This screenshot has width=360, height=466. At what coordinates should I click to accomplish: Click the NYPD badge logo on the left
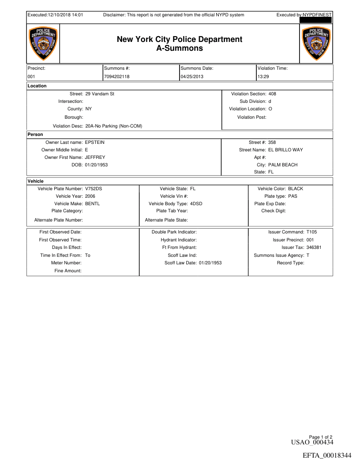point(42,44)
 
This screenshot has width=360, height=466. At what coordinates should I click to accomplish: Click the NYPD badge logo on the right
point(316,44)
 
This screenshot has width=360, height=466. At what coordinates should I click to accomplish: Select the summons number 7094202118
point(117,76)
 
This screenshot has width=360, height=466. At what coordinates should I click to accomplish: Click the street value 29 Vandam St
point(100,94)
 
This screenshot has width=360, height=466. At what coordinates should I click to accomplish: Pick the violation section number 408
point(272,94)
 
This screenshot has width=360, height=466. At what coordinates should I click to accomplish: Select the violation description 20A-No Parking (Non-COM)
point(113,126)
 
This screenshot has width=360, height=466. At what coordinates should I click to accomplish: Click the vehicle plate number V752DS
point(94,188)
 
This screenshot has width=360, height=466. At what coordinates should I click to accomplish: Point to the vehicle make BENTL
point(93,203)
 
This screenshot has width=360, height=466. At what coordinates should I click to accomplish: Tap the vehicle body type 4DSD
point(196,203)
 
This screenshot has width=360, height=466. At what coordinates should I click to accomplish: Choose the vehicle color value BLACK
point(296,188)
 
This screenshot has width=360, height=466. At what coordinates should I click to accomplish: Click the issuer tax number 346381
point(314,247)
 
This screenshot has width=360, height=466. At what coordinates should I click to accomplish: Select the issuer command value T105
point(311,232)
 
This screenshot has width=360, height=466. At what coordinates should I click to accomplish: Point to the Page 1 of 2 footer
point(321,436)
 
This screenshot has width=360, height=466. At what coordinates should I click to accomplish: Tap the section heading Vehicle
point(36,181)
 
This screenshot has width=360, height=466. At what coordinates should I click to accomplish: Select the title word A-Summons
point(180,48)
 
